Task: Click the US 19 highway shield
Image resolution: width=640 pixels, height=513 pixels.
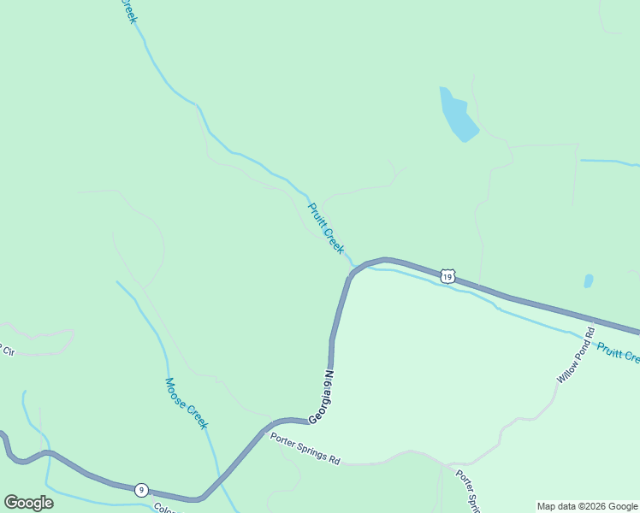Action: coord(447,275)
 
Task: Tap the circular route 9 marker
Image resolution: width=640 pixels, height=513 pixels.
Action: coord(141,490)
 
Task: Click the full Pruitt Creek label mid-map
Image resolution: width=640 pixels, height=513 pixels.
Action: coord(326,227)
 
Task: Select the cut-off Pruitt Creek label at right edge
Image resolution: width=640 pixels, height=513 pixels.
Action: coord(618,353)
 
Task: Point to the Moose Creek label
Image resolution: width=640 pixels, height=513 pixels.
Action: coord(187,404)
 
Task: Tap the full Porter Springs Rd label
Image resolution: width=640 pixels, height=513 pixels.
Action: coord(305,450)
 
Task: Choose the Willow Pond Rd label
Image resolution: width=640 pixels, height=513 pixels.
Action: coord(574,355)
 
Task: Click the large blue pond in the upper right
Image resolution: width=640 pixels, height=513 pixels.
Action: coord(458,115)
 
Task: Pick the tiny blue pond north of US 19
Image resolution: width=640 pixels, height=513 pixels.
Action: coord(589,280)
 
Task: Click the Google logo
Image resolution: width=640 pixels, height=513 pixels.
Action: coord(28,503)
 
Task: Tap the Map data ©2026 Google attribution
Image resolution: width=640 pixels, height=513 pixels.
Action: coord(587,506)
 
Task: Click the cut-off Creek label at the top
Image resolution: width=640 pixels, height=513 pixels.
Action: coord(128,11)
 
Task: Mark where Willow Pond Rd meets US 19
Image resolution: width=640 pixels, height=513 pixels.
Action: coord(591,321)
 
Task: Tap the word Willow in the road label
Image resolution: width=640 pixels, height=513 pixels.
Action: coord(568,367)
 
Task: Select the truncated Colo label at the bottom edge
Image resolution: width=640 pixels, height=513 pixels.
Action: coord(166,508)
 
